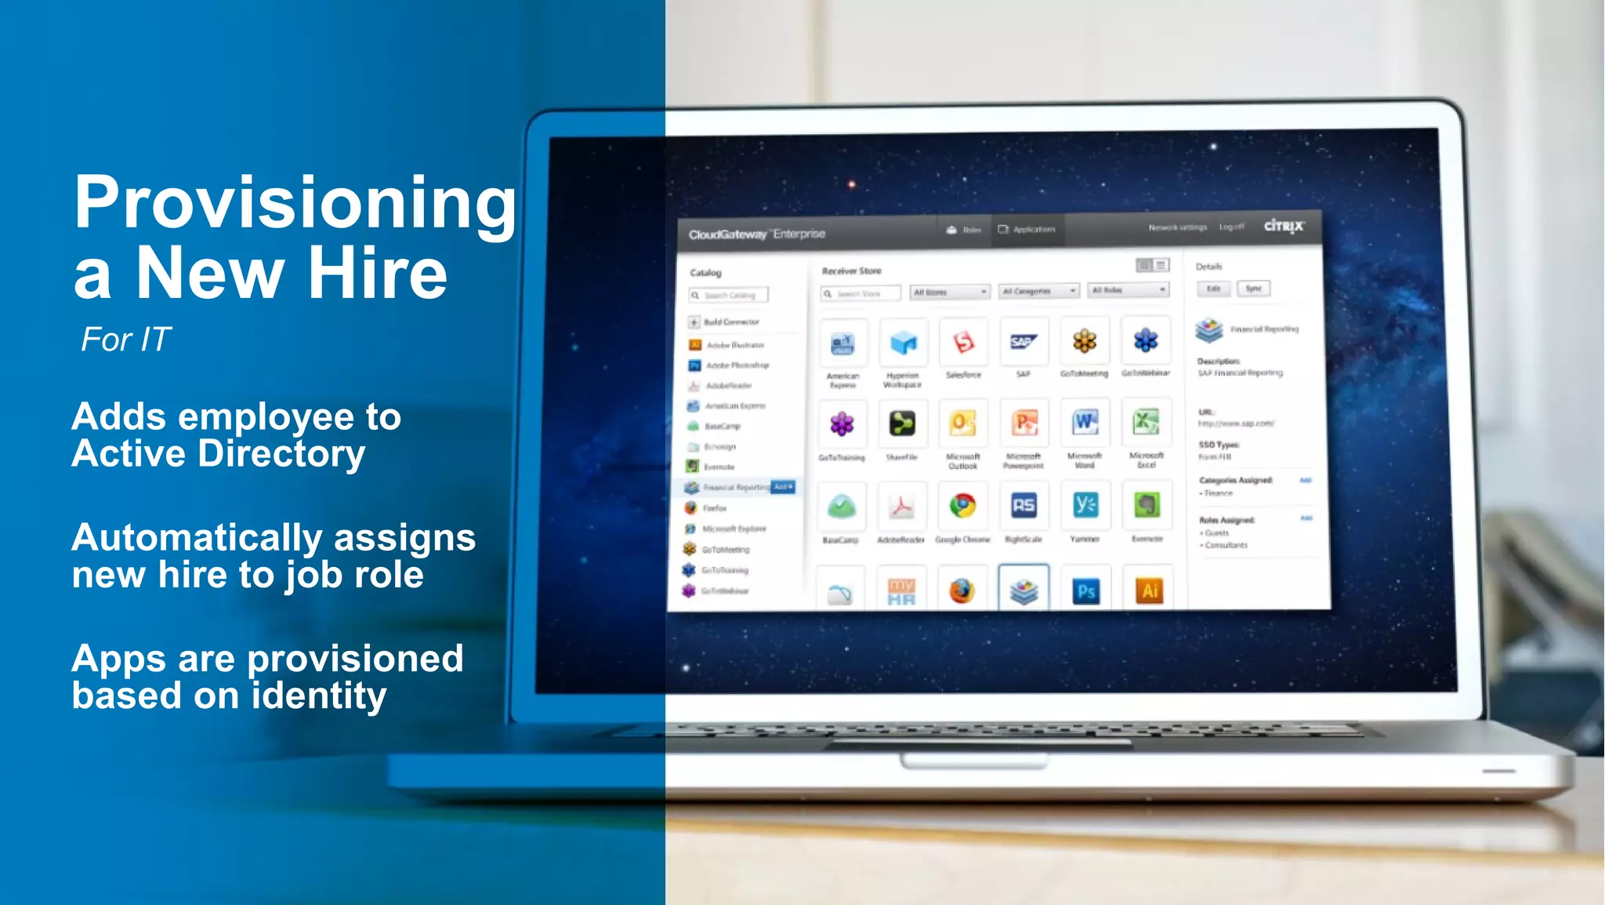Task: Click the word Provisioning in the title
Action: [x=295, y=202]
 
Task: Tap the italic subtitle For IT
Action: [x=125, y=340]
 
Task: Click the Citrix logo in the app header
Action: [x=1283, y=226]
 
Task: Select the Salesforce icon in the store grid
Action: [x=963, y=343]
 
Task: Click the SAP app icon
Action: [x=1024, y=342]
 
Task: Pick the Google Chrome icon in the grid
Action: [x=962, y=506]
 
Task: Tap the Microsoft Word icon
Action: [x=1085, y=423]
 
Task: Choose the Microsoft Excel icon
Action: [x=1146, y=423]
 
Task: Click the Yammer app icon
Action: [x=1085, y=506]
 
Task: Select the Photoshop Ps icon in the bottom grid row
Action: [x=1085, y=591]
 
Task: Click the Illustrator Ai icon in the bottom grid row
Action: [x=1149, y=590]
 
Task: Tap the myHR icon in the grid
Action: [x=901, y=591]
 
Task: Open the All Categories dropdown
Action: [x=1040, y=291]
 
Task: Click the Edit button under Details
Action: [x=1213, y=289]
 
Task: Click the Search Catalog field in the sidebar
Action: [x=730, y=296]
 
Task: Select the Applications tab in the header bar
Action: [x=1027, y=230]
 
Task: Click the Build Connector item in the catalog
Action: [x=730, y=322]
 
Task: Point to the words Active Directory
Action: [x=219, y=454]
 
